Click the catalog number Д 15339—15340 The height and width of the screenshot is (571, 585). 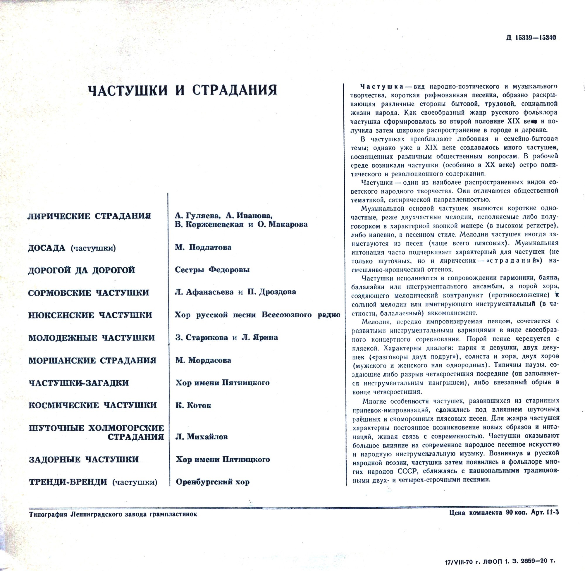531,38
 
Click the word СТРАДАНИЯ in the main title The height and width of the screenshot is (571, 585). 235,90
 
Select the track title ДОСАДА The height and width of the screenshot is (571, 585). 47,248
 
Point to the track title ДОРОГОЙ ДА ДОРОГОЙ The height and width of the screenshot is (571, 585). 82,271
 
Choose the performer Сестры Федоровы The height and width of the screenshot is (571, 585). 212,270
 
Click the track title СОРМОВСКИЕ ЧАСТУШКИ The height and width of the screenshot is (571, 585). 88,293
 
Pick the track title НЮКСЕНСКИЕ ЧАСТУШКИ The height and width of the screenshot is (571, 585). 90,315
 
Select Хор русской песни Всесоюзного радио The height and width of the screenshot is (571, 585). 257,315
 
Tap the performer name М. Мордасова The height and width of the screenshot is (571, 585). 203,360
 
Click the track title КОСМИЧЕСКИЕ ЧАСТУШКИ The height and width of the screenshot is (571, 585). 93,405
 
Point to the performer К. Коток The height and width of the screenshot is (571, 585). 193,405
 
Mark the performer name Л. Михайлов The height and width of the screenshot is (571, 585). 201,437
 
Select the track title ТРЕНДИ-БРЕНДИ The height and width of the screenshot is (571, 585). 68,482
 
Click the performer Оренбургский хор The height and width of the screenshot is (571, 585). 213,482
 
